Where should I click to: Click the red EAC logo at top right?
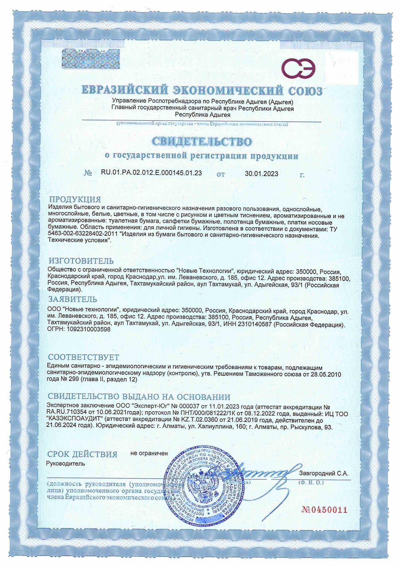299,69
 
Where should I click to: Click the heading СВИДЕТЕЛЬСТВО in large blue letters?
202,142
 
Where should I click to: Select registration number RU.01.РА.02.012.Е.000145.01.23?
151,173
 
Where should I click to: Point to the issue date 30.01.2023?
261,174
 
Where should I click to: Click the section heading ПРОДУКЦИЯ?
75,199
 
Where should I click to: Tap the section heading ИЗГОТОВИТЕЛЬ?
81,261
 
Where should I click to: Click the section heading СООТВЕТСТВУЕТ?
84,358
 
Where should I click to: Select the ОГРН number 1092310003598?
88,329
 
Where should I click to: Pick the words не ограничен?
149,453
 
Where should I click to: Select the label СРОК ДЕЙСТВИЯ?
82,454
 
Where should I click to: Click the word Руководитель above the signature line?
66,464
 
